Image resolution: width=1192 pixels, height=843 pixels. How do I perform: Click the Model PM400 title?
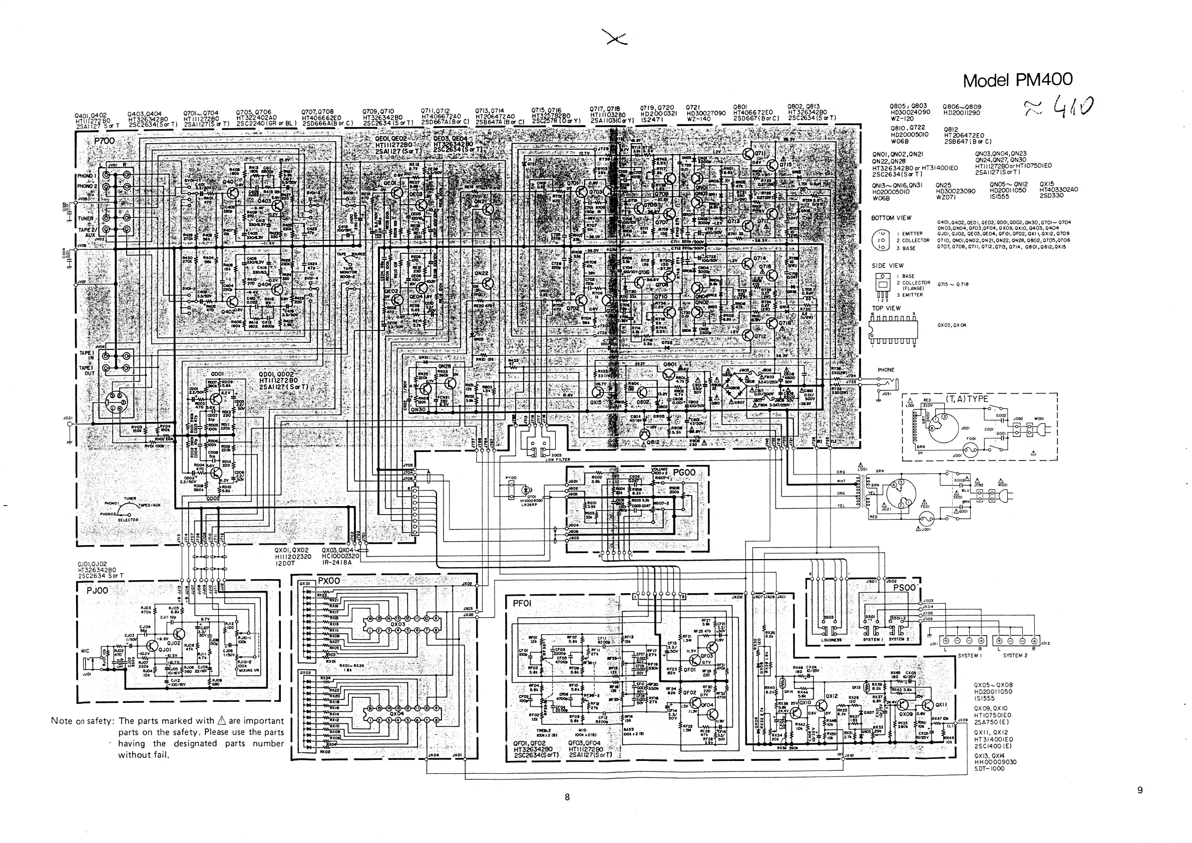tap(1017, 80)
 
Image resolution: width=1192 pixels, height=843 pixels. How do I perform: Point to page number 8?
tap(567, 797)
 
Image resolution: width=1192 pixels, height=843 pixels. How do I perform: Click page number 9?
tap(1139, 790)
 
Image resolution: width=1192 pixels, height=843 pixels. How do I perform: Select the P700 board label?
tap(103, 141)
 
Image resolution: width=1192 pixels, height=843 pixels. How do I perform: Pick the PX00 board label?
tap(328, 581)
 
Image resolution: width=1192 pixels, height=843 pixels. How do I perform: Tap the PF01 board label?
tap(522, 603)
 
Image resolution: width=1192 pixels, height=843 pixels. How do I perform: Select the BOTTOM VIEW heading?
tap(891, 218)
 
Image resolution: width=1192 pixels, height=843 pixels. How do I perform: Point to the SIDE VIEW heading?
tap(887, 266)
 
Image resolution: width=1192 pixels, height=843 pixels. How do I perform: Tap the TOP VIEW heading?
tap(886, 308)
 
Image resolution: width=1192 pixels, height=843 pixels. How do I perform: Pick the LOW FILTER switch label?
tap(558, 460)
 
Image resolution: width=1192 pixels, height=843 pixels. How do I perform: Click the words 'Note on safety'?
tap(83, 721)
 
